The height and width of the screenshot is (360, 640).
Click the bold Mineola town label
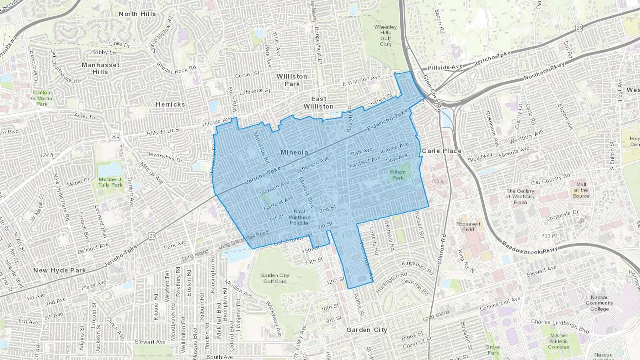294,152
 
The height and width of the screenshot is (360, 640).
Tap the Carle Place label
442,151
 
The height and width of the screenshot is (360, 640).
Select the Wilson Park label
398,175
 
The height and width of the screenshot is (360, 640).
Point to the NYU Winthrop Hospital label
299,217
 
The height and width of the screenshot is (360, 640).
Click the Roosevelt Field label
468,227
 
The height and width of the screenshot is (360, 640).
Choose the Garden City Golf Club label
275,278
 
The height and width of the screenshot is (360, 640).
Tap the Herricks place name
170,104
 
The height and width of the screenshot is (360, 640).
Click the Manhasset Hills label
101,68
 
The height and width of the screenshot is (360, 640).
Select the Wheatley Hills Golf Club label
385,36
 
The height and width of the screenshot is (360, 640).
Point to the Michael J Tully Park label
110,182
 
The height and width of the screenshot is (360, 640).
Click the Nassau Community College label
599,303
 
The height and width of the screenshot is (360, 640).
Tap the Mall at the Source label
581,190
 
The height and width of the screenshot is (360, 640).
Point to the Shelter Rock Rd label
176,68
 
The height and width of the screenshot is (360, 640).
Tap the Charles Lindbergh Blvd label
560,326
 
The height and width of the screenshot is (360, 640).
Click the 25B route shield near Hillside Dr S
115,138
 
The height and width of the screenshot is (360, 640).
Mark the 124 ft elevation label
47,155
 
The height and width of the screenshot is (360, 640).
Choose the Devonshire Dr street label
164,157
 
